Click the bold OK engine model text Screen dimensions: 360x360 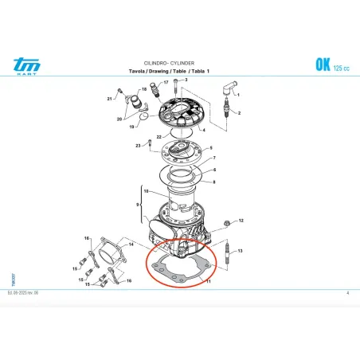coord(324,63)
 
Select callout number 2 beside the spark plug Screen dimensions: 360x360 coord(237,113)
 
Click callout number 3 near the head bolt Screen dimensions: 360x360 coord(185,80)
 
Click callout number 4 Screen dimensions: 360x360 coord(204,129)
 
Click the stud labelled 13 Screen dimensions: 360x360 coord(229,259)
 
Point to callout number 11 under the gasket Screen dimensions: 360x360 coord(209,281)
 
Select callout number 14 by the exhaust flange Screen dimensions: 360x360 coord(131,244)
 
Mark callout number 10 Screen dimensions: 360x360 coord(144,190)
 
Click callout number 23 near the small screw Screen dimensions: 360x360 coord(138,145)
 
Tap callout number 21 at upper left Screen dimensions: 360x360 coord(109,99)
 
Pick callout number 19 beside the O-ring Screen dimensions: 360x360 coord(132,127)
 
